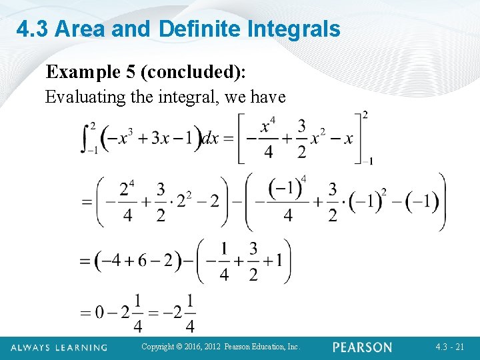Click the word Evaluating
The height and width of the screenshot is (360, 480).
pos(85,97)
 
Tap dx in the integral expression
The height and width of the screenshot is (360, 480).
pos(210,139)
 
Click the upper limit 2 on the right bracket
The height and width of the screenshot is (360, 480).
pos(365,115)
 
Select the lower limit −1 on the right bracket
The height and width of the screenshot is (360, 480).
pos(367,161)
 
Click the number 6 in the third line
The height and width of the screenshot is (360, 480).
pos(142,261)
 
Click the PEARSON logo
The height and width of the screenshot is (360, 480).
pos(363,347)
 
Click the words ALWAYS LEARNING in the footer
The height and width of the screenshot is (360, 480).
pos(59,347)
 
